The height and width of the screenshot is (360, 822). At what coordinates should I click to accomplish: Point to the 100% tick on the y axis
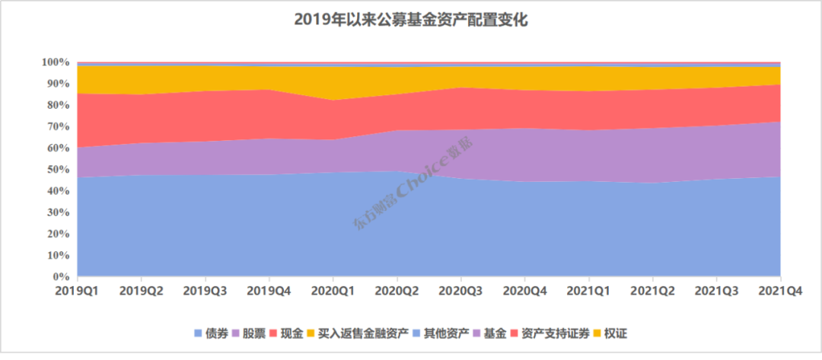[56, 62]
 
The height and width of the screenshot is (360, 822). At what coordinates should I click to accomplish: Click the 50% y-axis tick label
[59, 169]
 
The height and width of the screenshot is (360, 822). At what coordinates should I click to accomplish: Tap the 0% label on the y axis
[62, 276]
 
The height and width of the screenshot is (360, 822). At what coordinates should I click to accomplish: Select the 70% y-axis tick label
[59, 126]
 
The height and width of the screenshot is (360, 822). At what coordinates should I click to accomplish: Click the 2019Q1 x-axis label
[78, 290]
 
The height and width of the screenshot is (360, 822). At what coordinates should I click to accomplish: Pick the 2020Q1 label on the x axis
[333, 290]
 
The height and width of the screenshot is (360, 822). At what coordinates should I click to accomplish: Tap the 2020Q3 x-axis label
[461, 290]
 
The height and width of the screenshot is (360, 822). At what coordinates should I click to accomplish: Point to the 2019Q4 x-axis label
[269, 290]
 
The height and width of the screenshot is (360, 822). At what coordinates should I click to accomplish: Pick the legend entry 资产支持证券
[550, 333]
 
